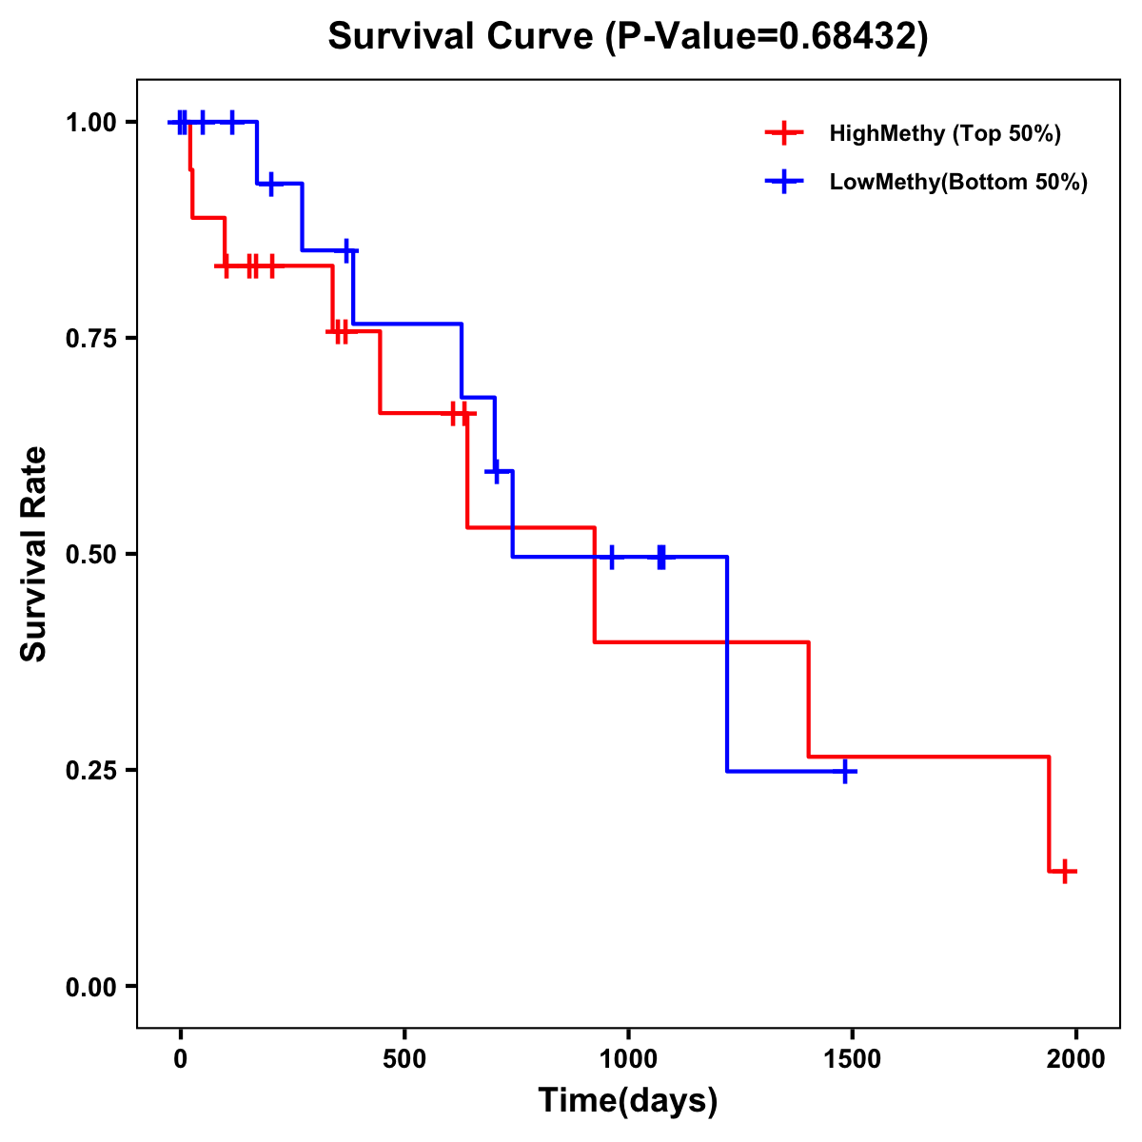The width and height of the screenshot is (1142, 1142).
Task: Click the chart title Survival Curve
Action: click(x=465, y=37)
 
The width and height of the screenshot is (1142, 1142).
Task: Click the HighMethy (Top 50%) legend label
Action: click(x=945, y=133)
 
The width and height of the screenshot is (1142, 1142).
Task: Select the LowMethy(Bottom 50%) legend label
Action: click(x=958, y=182)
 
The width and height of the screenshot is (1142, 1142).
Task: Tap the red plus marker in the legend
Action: click(x=783, y=133)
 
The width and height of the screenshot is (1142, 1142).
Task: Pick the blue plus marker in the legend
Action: click(x=783, y=182)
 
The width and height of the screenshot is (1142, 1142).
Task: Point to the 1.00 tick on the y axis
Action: click(x=90, y=123)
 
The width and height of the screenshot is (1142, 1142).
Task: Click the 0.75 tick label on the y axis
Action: click(x=90, y=339)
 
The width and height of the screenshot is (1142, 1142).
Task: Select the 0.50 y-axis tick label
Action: click(x=90, y=555)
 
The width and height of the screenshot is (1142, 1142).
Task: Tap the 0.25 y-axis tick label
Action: click(x=90, y=771)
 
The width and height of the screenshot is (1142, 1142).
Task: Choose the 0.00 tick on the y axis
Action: click(x=90, y=987)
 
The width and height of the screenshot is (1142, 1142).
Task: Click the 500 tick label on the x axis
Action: click(x=404, y=1059)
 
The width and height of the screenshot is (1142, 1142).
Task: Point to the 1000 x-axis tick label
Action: click(x=628, y=1059)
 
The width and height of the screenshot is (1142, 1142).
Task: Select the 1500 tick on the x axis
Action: click(x=852, y=1059)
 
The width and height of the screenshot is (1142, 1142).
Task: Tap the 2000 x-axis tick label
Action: click(x=1076, y=1059)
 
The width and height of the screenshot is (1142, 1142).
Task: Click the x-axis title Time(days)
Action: click(x=628, y=1101)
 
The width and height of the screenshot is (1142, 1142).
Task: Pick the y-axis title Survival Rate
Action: click(x=34, y=554)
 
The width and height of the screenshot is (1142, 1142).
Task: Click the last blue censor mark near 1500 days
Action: click(x=844, y=771)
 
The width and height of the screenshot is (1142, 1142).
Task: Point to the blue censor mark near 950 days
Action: click(x=611, y=557)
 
